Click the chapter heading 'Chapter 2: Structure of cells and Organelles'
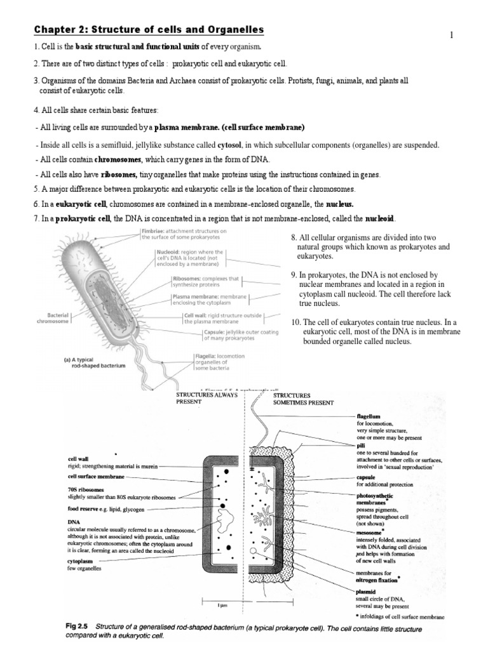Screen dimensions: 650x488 (x=148, y=30)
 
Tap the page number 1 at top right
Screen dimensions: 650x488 (x=452, y=35)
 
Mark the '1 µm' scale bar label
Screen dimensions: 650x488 (x=222, y=606)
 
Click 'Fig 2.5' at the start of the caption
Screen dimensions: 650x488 (x=79, y=625)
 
